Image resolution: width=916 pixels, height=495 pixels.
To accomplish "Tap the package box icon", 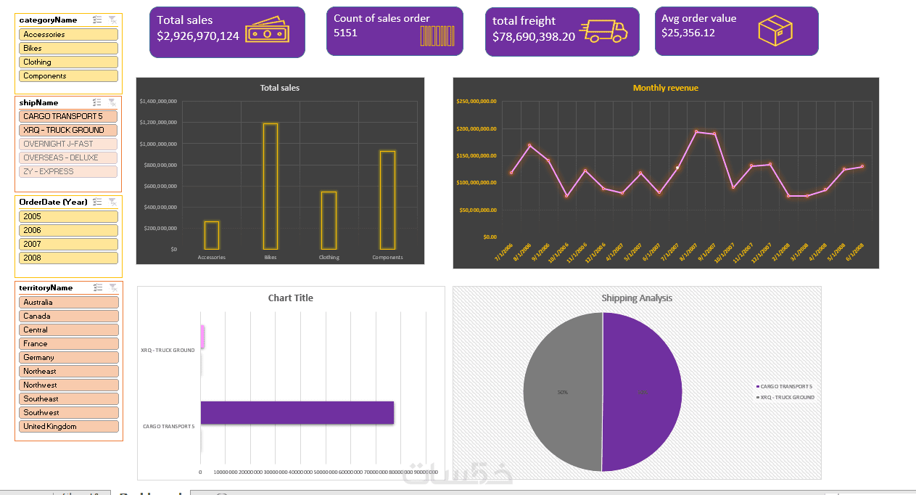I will tap(775, 31).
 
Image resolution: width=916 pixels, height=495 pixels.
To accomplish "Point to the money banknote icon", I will tap(267, 33).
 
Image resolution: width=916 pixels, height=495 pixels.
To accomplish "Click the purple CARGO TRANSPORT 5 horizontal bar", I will tap(297, 412).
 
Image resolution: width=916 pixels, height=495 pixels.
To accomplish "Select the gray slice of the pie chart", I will tap(562, 392).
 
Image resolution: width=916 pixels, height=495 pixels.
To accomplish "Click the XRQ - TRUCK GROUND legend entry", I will tap(787, 397).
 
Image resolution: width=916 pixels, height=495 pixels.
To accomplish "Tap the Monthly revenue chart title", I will tap(665, 88).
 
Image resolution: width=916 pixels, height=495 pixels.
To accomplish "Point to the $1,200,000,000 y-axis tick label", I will tap(158, 123).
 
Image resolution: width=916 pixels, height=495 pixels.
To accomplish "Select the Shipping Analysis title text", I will tap(637, 298).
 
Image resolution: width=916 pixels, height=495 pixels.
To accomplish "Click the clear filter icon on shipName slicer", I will tap(112, 103).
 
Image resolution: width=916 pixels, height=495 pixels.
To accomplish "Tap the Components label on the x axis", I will tap(387, 257).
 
